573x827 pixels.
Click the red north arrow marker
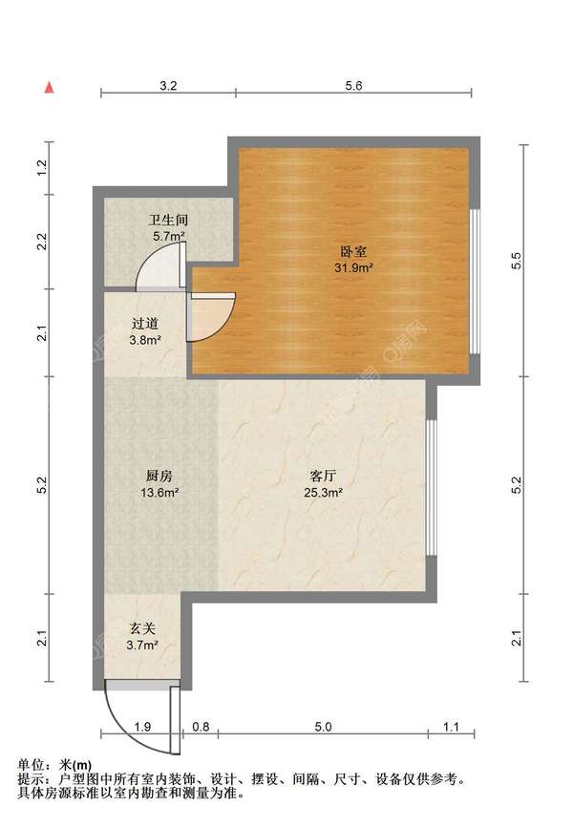click(49, 88)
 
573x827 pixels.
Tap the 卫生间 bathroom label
click(168, 220)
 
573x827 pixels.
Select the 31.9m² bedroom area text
click(353, 267)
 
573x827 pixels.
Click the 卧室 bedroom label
click(353, 251)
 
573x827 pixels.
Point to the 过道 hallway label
click(145, 324)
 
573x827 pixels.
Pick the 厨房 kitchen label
click(159, 476)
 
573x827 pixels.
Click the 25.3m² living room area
click(323, 493)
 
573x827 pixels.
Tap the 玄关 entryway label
click(143, 628)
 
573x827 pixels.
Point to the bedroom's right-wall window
click(476, 282)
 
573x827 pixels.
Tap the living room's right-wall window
click(432, 487)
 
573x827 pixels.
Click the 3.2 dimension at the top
click(168, 85)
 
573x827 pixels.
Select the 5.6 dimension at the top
click(353, 85)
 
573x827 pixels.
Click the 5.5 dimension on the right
click(517, 261)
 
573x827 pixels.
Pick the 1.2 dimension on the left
click(42, 168)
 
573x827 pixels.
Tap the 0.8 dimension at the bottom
click(201, 727)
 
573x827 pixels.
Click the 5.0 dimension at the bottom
click(323, 727)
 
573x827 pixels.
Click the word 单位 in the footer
click(31, 765)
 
